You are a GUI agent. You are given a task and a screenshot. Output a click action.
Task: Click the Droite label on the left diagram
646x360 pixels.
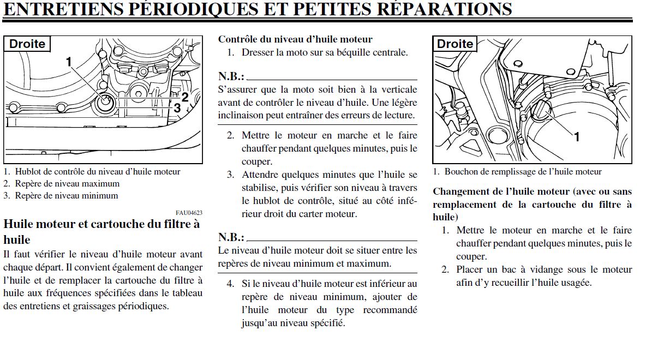point(27,44)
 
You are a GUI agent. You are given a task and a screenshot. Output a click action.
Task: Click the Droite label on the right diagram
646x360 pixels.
point(455,44)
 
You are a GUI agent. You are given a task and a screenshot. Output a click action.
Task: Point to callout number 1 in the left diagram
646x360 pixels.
point(69,62)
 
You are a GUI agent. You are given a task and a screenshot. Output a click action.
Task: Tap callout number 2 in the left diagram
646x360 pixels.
point(185,97)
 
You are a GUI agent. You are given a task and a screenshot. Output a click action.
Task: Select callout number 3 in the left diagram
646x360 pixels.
point(177,108)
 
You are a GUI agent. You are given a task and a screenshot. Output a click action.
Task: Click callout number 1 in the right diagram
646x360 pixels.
point(576,137)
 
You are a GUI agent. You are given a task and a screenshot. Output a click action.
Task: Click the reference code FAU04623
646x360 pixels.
point(189,213)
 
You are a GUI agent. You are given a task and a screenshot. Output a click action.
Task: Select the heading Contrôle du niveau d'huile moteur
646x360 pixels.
point(295,39)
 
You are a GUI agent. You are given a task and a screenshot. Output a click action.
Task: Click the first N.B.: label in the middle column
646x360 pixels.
point(231,76)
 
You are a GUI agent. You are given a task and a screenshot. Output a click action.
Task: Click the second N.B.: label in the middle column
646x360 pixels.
point(231,237)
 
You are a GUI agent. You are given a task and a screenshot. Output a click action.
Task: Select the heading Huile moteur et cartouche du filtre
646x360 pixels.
point(101,224)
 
